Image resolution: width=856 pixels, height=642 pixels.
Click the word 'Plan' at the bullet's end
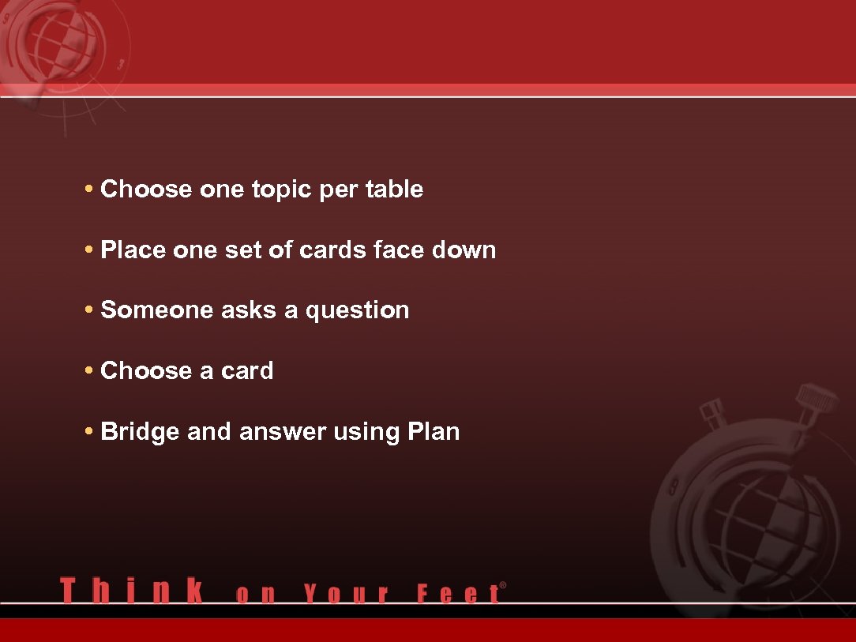coord(434,432)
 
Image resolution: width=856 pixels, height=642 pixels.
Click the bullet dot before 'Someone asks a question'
coord(89,310)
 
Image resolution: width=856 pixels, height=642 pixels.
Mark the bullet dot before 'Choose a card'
coord(89,371)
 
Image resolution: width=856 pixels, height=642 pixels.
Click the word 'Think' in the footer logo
coord(131,591)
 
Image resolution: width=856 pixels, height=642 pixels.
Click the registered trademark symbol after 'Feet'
coord(503,585)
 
